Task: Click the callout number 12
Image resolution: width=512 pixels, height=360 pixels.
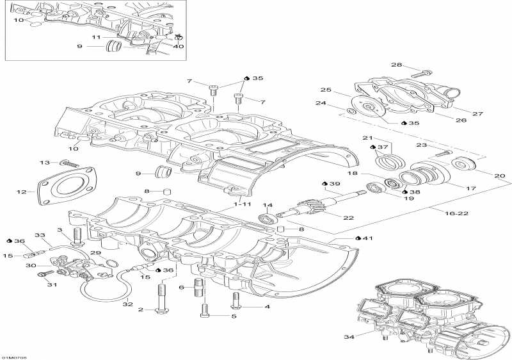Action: (21, 192)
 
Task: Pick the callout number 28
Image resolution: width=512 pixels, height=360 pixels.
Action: (397, 65)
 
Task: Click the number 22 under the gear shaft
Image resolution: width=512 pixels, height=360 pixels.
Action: (349, 218)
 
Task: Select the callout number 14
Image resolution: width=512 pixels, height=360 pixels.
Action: (268, 205)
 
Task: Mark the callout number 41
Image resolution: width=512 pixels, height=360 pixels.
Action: (367, 238)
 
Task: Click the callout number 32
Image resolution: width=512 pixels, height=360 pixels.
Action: (127, 304)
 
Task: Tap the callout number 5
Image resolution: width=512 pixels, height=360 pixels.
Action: (234, 316)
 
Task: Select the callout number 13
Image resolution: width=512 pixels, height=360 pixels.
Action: (45, 163)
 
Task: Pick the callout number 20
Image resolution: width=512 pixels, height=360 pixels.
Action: (500, 176)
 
